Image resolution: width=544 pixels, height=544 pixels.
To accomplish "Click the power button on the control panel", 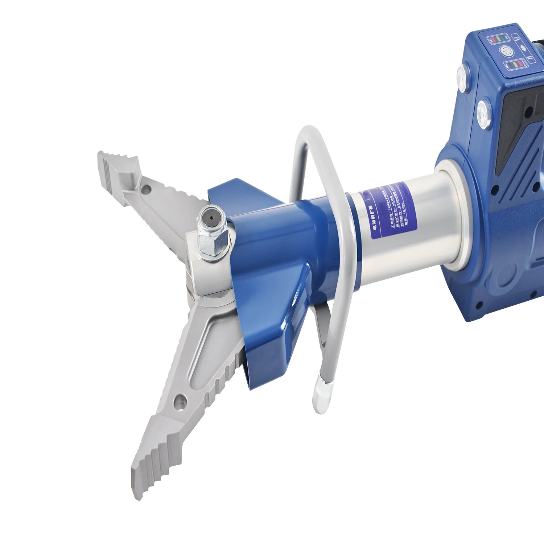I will [507, 51].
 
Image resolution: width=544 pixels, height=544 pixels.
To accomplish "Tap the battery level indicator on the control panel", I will [515, 64].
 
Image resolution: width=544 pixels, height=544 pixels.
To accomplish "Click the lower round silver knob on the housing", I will [483, 113].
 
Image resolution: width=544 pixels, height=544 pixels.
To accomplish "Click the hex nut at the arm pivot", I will [213, 245].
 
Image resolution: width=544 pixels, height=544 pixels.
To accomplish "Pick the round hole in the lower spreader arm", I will [180, 401].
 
